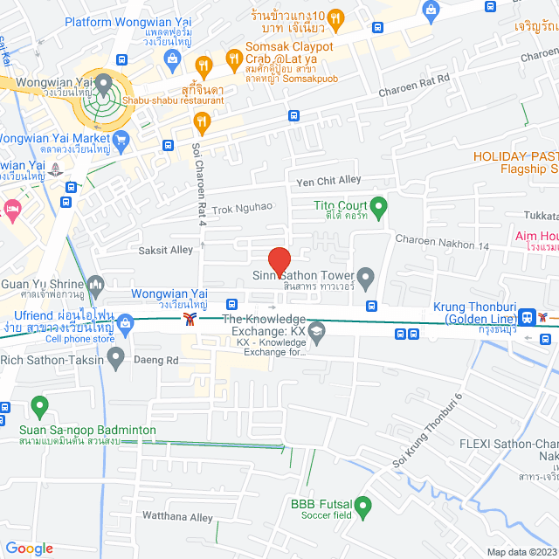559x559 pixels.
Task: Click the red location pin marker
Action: [278, 261]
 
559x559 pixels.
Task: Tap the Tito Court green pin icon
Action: [378, 207]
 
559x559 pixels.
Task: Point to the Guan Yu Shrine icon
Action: [96, 284]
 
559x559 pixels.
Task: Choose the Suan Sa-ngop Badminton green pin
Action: [38, 407]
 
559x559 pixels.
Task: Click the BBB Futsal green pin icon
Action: [363, 505]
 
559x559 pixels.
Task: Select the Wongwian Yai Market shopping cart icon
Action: [121, 138]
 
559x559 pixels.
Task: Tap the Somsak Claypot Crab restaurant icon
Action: [233, 59]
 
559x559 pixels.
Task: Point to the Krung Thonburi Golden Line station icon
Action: [528, 316]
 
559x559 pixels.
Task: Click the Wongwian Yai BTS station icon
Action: [190, 320]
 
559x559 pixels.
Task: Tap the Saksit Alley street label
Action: [165, 250]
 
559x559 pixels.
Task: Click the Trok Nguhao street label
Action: [242, 207]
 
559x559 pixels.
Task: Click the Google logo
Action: [29, 548]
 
